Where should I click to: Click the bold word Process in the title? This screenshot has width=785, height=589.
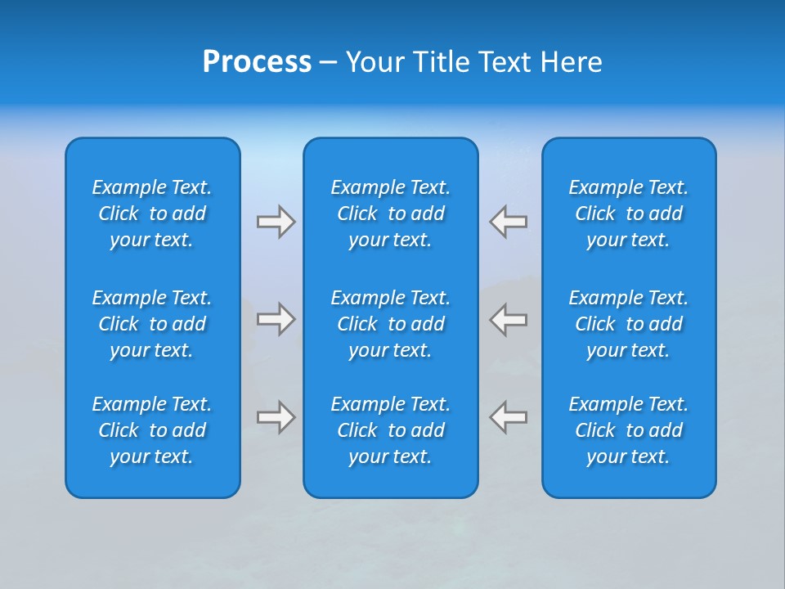point(257,62)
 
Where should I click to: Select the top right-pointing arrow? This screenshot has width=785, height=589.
point(276,222)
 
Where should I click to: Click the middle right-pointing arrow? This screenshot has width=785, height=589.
point(276,319)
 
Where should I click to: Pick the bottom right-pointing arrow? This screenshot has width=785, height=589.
point(276,417)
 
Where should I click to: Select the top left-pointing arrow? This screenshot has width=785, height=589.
point(509,222)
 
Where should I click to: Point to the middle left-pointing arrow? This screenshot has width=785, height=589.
point(509,319)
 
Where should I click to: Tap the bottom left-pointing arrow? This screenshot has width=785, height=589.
point(509,417)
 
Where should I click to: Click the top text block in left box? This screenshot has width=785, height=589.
point(152,214)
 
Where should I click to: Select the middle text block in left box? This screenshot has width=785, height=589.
point(152,324)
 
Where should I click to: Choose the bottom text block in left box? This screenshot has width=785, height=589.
point(152,430)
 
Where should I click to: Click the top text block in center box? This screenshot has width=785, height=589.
point(391,214)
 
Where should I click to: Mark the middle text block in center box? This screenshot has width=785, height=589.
point(391,324)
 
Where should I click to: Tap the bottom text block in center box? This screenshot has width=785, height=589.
point(391,430)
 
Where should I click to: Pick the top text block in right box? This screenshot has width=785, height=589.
point(629,214)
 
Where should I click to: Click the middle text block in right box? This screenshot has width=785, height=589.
point(629,324)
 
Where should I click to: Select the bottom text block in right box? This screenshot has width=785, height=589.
point(629,430)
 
